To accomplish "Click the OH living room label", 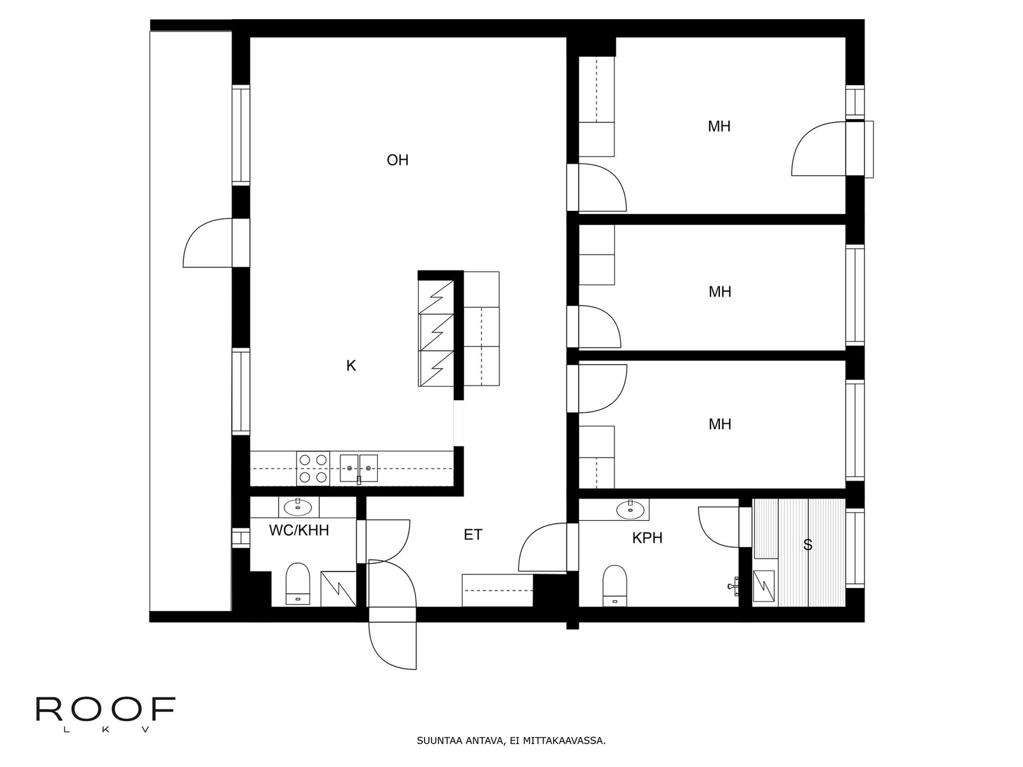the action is (x=397, y=160).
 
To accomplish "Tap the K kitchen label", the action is (x=351, y=366).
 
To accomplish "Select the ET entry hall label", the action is (x=472, y=534).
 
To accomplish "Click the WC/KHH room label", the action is (x=299, y=530).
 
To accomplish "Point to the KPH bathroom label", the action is (x=647, y=538).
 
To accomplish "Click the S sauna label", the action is (x=808, y=545).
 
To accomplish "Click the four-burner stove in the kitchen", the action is (x=313, y=468).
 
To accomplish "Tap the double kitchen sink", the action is (x=359, y=469).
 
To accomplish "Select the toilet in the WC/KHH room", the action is (x=297, y=584).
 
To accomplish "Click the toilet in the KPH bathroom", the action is (x=614, y=586).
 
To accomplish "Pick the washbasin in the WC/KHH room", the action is (x=299, y=507).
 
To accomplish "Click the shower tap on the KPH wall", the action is (x=733, y=586).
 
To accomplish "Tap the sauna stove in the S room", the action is (x=764, y=587).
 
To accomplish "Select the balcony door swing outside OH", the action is (x=207, y=243).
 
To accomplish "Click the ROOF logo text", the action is (x=105, y=709).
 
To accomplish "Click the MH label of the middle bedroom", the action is (x=719, y=292).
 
